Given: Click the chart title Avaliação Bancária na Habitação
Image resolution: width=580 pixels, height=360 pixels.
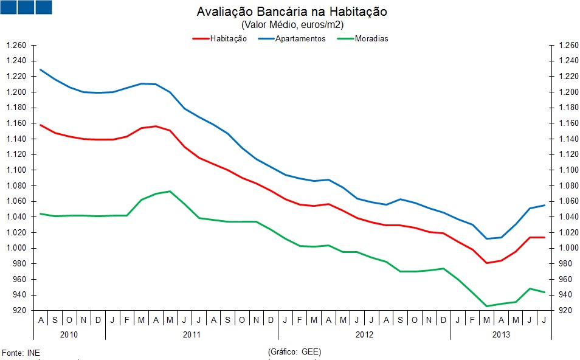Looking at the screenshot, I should coord(292,12).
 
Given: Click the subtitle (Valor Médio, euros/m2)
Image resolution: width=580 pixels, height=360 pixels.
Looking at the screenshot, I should coord(292,25).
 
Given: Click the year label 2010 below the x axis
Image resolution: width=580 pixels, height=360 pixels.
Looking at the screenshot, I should coord(69,334).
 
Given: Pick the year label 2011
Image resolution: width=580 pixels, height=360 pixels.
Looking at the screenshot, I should coord(192,334).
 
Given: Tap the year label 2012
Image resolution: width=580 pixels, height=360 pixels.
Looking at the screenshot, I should coord(364,334).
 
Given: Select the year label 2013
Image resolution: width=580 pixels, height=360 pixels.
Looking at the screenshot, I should coord(501,334).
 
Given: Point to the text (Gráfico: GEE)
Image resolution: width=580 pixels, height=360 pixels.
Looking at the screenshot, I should coord(294,352).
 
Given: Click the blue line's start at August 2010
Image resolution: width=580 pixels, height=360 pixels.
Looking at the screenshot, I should coord(41,69).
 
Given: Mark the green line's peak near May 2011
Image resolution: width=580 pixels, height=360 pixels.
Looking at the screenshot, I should coord(170,191).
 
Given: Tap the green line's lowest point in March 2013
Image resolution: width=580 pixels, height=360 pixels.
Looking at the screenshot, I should coord(487,306).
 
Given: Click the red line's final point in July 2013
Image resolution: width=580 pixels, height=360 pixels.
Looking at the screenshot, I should coord(544,237).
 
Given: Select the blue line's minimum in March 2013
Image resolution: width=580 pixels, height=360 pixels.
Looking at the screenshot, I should coord(487,238).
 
